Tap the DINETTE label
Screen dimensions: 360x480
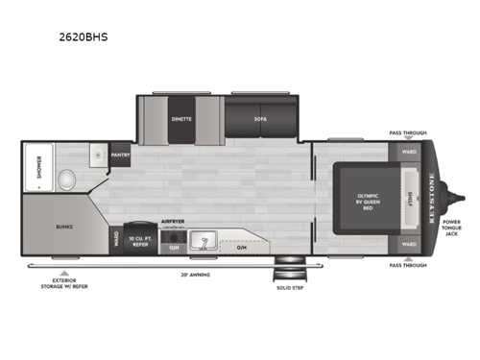[181, 119]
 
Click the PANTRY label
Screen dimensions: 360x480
[121, 155]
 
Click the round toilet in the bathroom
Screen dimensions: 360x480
[66, 178]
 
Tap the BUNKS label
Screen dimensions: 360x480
[64, 228]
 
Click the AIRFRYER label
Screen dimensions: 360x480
[172, 220]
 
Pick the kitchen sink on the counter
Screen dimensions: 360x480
[204, 238]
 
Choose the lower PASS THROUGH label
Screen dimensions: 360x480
[408, 266]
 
